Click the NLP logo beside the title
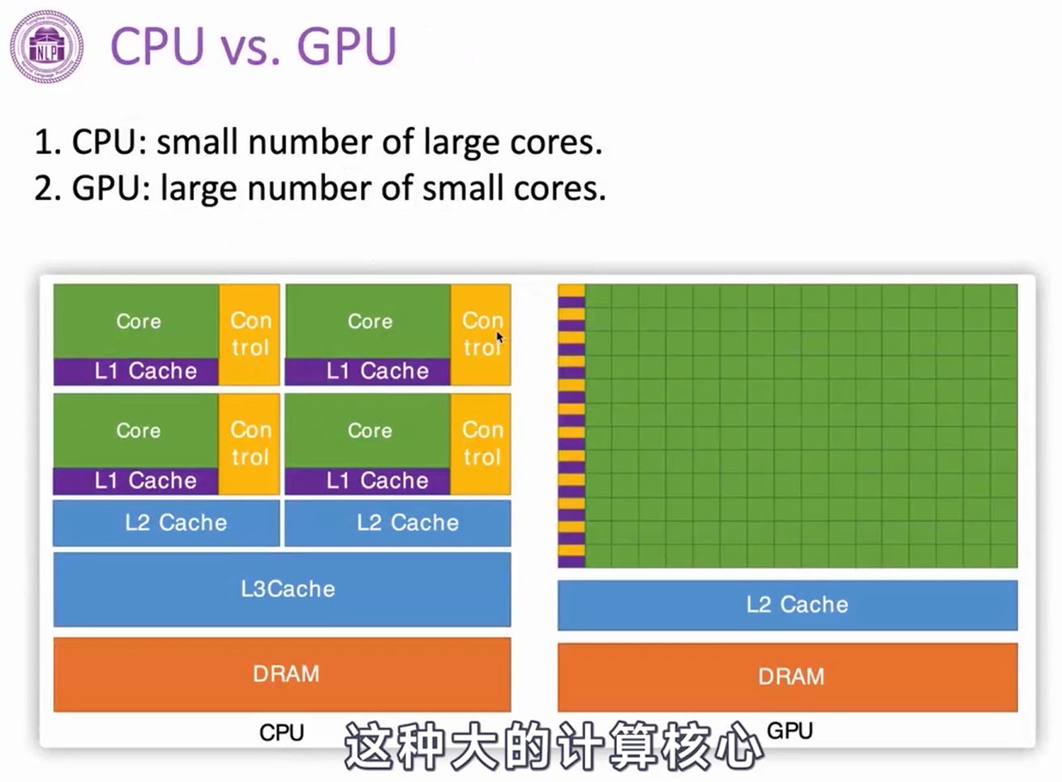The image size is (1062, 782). pos(46,46)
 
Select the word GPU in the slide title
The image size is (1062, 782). pos(347,46)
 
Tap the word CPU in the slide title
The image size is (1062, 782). pos(157,46)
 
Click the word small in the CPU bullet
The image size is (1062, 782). pos(198,143)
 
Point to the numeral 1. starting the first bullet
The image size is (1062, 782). pos(48,143)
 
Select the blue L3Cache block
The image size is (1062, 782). pos(282,589)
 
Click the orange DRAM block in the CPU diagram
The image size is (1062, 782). pos(282,674)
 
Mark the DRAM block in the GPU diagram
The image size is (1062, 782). pos(787,677)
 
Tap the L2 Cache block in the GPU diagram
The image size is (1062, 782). pos(787,605)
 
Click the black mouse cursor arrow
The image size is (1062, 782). pos(500,338)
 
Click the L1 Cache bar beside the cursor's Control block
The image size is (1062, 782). pos(367,371)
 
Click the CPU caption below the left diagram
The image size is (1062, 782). pos(281,733)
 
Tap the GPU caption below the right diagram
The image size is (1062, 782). pos(790,731)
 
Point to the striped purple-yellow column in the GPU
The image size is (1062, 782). pos(571,426)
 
